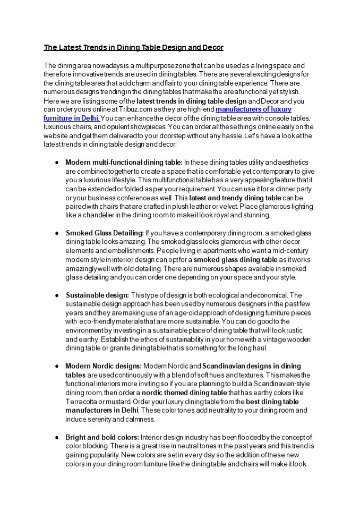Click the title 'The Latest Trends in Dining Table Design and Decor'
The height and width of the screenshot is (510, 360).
(133, 48)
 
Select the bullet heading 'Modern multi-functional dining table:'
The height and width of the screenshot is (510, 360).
(124, 162)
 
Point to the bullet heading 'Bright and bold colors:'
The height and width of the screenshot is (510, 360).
(102, 437)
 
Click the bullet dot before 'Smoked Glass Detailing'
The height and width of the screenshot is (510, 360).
(57, 233)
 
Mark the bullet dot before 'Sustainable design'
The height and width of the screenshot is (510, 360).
(57, 295)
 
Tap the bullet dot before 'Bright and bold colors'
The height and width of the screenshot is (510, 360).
(57, 437)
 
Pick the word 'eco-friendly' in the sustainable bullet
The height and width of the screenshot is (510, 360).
(98, 322)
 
